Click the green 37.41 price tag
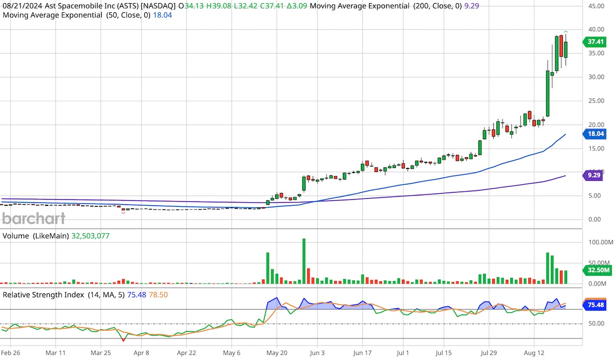[595, 43]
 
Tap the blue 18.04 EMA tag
[595, 134]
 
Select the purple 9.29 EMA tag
[595, 176]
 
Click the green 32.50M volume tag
[595, 270]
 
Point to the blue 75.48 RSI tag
[595, 305]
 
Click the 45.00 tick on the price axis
[595, 6]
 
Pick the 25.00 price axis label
[595, 101]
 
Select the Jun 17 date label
[362, 353]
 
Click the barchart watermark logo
[34, 219]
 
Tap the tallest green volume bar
[304, 261]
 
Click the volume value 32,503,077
[87, 236]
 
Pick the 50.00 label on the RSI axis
[595, 324]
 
